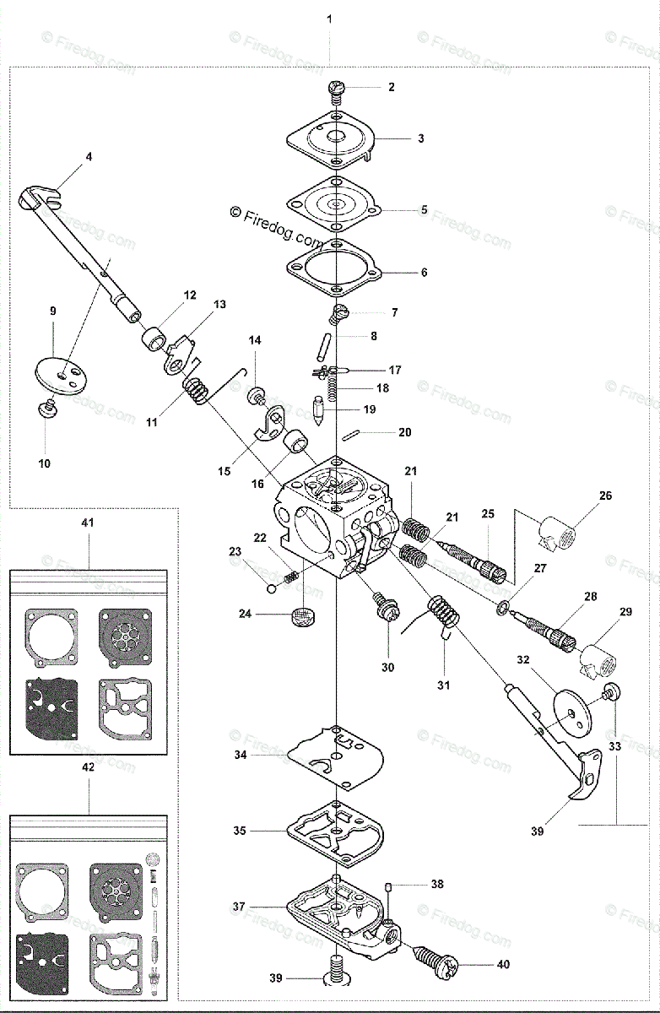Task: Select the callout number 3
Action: point(420,138)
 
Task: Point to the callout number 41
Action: point(88,523)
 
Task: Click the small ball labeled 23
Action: point(271,589)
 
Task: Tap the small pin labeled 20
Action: point(354,434)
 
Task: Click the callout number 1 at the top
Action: point(329,18)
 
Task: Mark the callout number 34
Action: point(241,756)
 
